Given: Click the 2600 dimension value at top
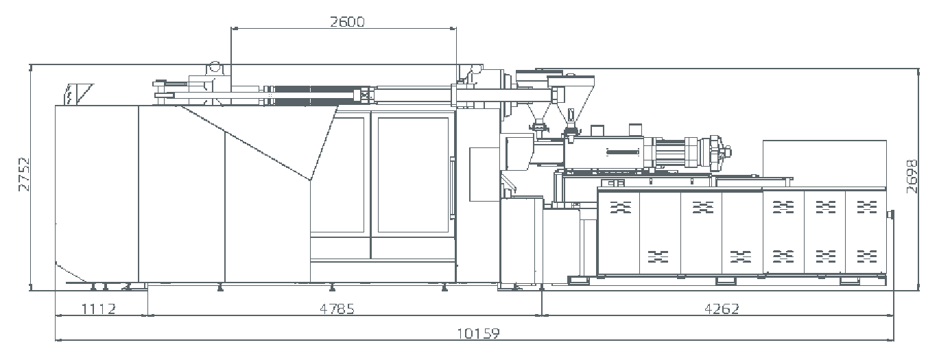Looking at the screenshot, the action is click(x=347, y=21).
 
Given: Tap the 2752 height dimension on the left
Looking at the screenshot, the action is click(x=24, y=174).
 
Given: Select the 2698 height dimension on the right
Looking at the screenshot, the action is click(x=912, y=176).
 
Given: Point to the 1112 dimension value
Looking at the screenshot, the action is click(x=98, y=309).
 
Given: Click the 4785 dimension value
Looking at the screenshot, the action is click(x=337, y=309).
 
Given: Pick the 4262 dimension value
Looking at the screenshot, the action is click(x=722, y=309).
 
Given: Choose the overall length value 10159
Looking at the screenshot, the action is click(x=478, y=333).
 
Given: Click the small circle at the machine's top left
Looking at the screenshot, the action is click(x=214, y=67).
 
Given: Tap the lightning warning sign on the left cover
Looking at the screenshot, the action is click(x=69, y=95).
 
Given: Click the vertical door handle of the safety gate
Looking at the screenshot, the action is click(x=452, y=187).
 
